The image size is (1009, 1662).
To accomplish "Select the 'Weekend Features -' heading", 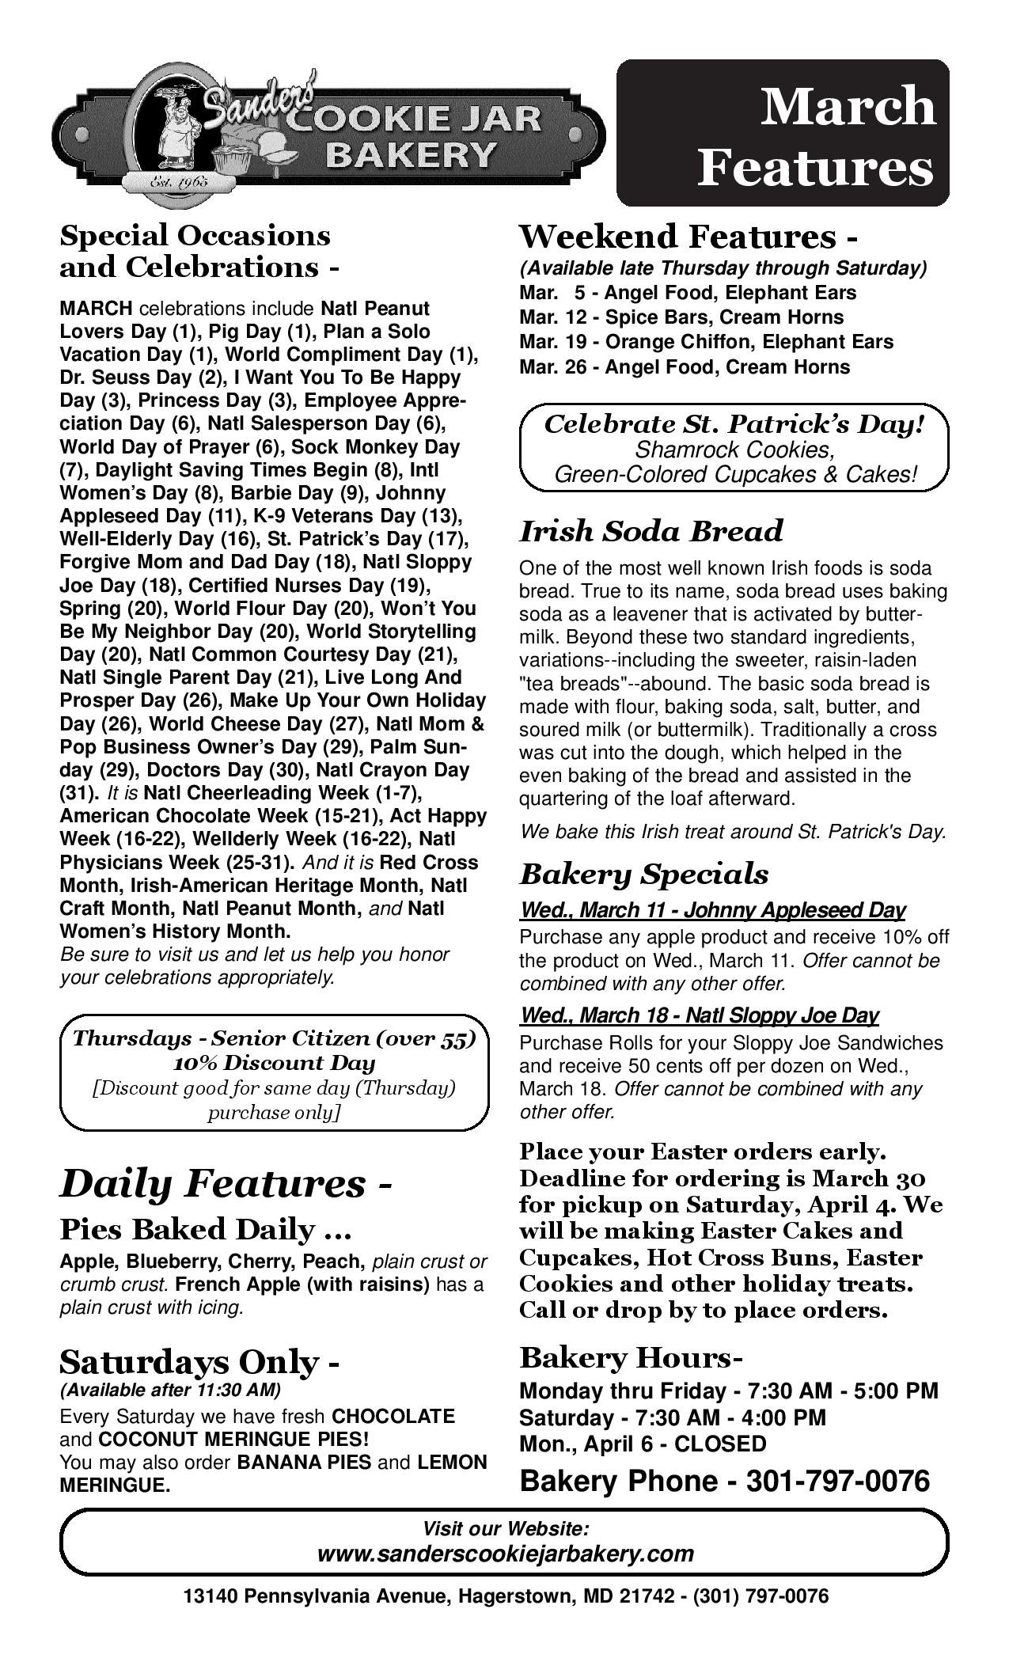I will (688, 237).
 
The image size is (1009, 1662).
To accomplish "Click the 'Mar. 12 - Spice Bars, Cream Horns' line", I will (681, 317).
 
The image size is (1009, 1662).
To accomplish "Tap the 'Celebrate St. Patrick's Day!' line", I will (734, 424).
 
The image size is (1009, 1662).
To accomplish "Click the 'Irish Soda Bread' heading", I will (651, 531).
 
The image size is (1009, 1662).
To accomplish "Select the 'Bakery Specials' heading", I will (643, 874).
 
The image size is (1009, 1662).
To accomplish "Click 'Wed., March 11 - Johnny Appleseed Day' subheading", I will (712, 910).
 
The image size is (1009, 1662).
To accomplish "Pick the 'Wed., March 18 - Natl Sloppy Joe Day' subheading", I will (699, 1015).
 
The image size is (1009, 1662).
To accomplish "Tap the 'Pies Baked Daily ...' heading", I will (206, 1229).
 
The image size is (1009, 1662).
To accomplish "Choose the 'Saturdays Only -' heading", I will (199, 1361).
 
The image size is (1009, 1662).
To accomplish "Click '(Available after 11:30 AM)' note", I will (170, 1390).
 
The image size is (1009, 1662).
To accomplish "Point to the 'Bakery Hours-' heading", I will (631, 1358).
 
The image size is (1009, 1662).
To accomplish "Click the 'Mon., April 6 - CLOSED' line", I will (643, 1444).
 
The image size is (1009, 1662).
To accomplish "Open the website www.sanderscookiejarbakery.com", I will (505, 1553).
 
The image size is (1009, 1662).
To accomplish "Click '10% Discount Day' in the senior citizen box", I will (274, 1063).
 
